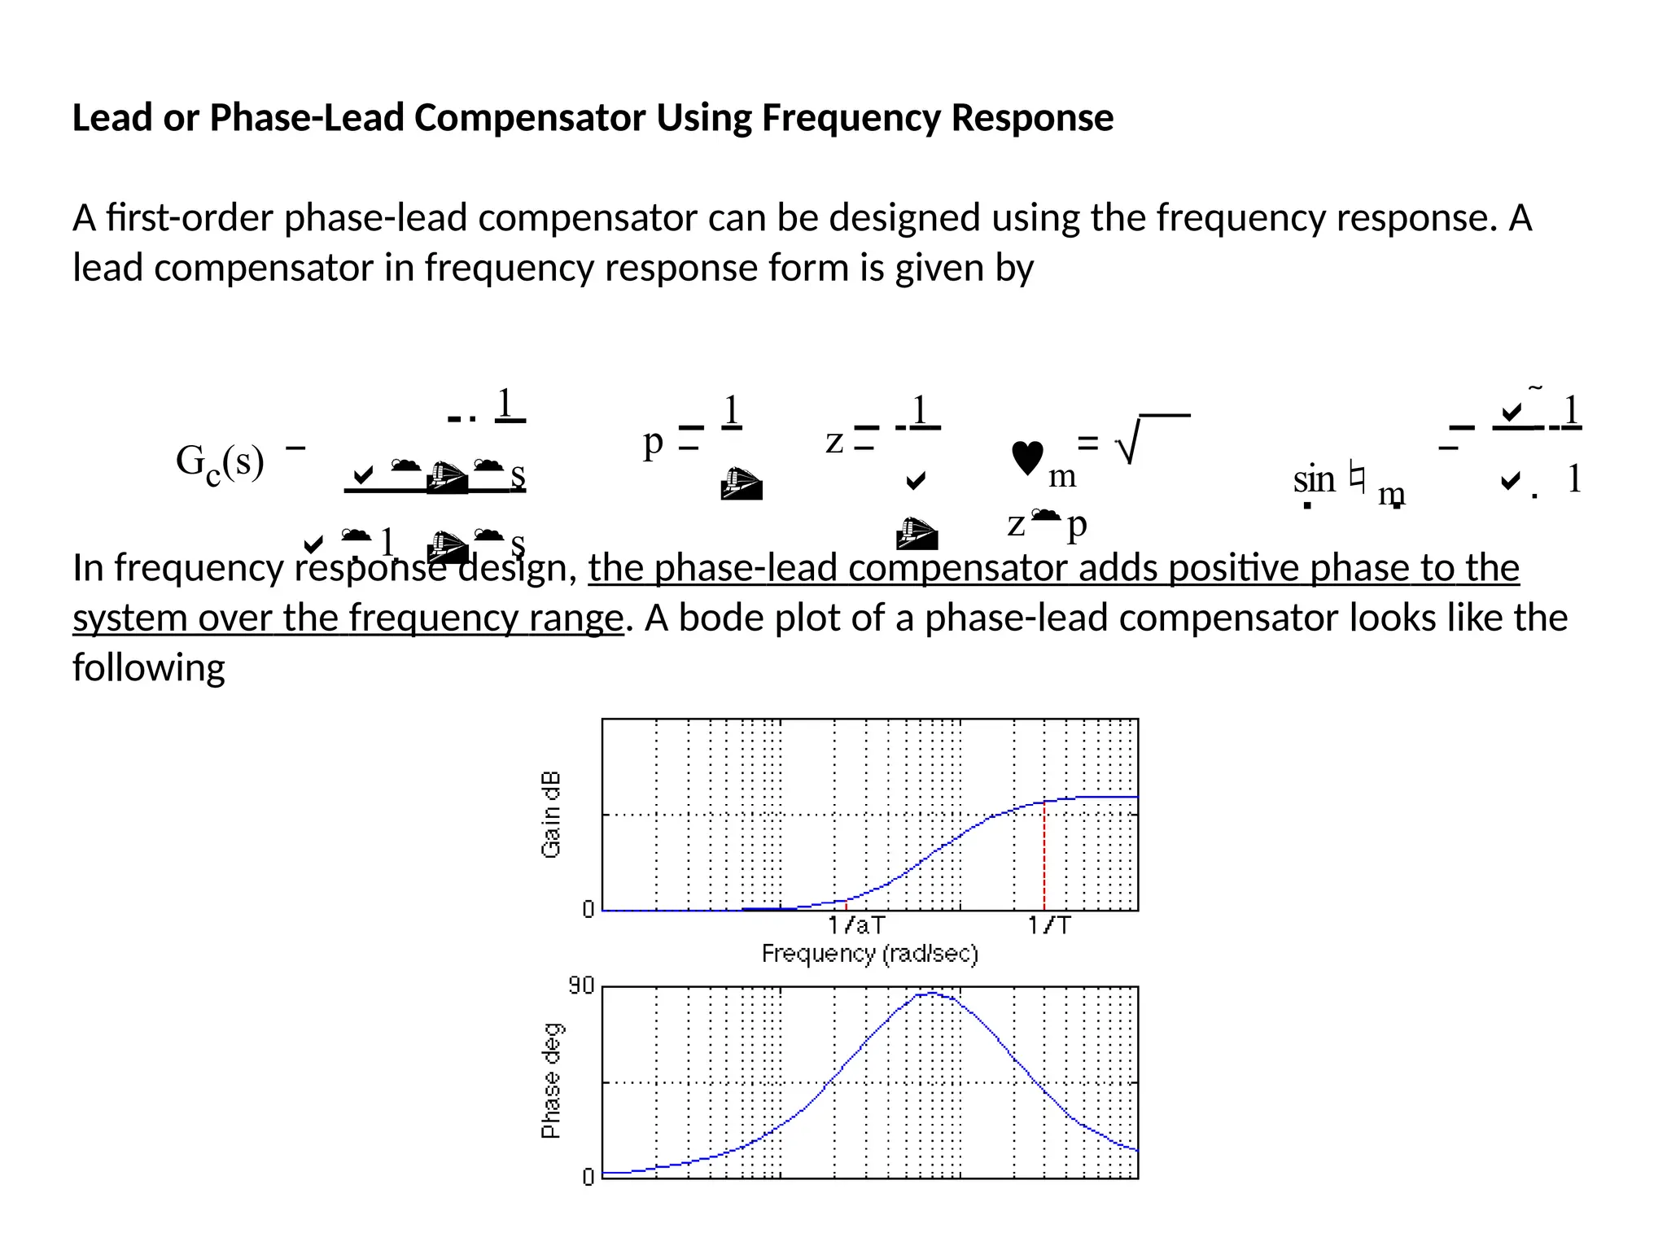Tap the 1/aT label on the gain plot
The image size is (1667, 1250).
(x=856, y=925)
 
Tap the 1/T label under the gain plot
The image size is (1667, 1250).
(x=1049, y=925)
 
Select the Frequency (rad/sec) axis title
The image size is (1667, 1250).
(x=869, y=953)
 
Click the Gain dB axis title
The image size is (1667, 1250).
(x=551, y=814)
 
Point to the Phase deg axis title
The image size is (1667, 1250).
(x=551, y=1081)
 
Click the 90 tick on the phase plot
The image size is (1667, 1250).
(x=581, y=986)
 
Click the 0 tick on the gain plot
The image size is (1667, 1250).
(x=588, y=909)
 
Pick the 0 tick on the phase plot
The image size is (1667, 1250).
(x=588, y=1177)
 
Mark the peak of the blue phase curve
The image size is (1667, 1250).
(x=930, y=993)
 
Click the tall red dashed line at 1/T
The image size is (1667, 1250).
(x=1044, y=854)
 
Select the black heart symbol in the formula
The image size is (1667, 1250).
(x=1027, y=457)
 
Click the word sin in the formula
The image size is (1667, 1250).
(x=1314, y=479)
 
